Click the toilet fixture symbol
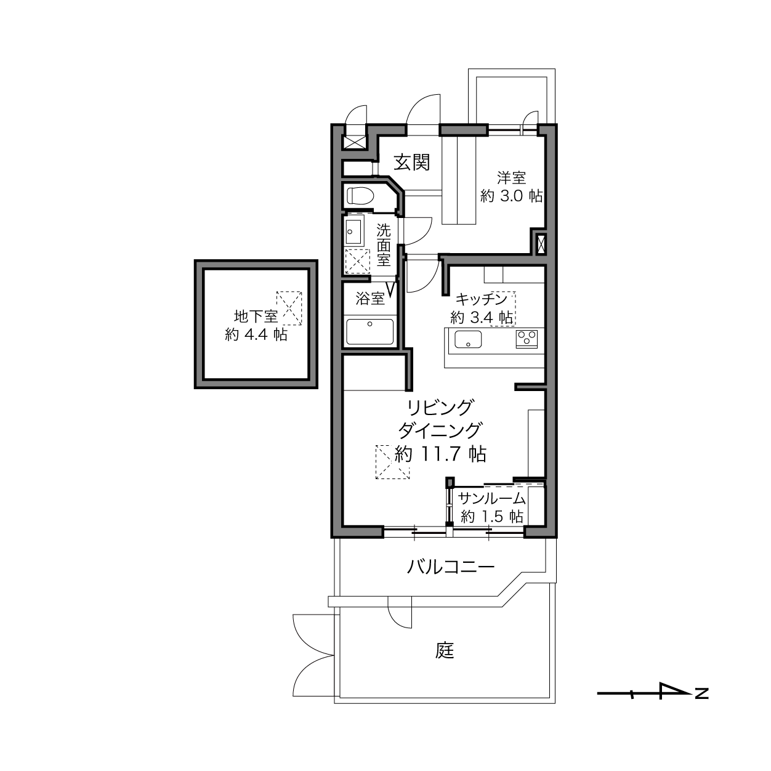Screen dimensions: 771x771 click(360, 196)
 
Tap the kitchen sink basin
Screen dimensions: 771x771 click(468, 339)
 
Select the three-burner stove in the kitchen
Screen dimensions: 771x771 click(527, 339)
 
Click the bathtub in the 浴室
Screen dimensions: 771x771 click(369, 332)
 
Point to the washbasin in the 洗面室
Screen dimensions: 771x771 click(353, 232)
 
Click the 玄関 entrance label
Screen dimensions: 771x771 click(412, 163)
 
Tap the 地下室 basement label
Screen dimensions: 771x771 click(256, 317)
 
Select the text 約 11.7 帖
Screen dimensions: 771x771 click(440, 454)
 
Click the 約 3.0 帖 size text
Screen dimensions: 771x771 click(511, 196)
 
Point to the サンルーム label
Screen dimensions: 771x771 click(491, 498)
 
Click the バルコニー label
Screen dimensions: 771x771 click(451, 567)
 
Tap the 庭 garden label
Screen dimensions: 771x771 click(445, 650)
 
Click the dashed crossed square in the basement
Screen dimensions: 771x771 click(289, 308)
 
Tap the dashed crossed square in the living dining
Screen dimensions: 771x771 click(392, 462)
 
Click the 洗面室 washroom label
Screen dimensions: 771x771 click(383, 245)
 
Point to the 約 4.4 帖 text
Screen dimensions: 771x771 click(256, 334)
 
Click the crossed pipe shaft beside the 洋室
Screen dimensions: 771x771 click(541, 244)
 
